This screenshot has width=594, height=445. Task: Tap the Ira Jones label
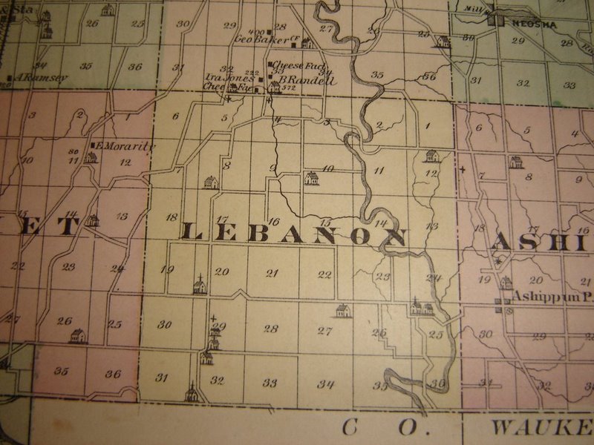tap(229, 77)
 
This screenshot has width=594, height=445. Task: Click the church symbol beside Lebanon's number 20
tap(199, 285)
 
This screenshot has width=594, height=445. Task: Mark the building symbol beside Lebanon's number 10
tap(311, 178)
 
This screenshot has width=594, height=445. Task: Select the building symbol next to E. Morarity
tap(90, 156)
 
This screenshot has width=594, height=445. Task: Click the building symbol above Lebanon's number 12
tap(431, 156)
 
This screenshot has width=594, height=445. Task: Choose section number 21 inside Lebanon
tap(272, 274)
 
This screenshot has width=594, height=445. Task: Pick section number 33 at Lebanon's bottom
tap(270, 383)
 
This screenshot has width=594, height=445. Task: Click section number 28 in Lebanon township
tap(270, 329)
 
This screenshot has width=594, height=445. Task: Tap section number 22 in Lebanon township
tap(324, 274)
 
